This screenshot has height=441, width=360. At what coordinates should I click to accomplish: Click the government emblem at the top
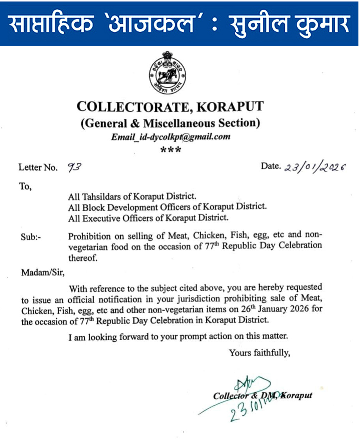[167, 74]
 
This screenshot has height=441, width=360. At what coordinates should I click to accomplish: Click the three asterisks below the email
[171, 150]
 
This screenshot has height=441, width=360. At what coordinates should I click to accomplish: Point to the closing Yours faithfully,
[260, 353]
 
